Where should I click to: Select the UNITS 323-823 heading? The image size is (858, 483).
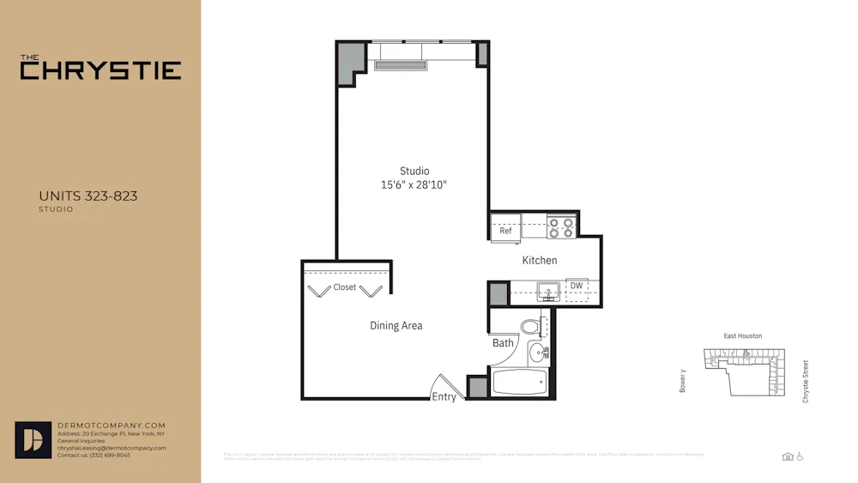88,196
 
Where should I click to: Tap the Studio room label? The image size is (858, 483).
414,171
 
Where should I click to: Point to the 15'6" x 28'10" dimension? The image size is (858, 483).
414,185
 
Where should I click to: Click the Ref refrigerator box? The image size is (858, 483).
505,230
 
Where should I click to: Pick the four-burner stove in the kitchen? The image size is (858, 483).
562,227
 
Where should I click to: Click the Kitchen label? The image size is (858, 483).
540,260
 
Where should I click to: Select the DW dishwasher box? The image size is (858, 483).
577,287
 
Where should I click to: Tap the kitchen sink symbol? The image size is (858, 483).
547,292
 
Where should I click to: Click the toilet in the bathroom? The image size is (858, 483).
531,326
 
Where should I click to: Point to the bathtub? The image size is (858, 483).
519,382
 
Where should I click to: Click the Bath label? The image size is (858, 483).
503,343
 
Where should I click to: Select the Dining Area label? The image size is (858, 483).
396,326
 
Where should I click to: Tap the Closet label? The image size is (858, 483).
345,287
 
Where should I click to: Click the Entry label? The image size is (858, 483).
444,396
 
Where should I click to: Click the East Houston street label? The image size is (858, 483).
742,336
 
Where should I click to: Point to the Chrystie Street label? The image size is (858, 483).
806,381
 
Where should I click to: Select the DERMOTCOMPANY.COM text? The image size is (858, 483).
111,426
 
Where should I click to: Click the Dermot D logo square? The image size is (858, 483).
33,440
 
